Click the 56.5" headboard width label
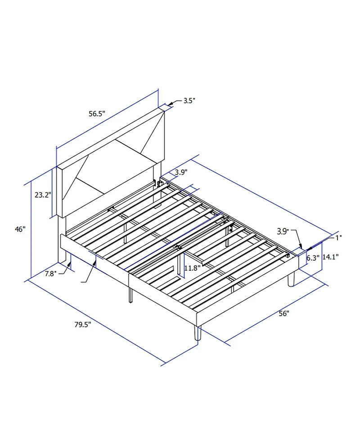(x=96, y=114)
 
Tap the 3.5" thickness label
(x=189, y=101)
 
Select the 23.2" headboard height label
(x=43, y=195)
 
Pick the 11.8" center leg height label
(x=192, y=268)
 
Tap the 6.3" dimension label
(x=313, y=258)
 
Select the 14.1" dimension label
(x=330, y=257)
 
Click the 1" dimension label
(x=338, y=237)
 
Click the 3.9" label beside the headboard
(x=181, y=172)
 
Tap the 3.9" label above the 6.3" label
(x=282, y=231)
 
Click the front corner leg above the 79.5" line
(x=197, y=333)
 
